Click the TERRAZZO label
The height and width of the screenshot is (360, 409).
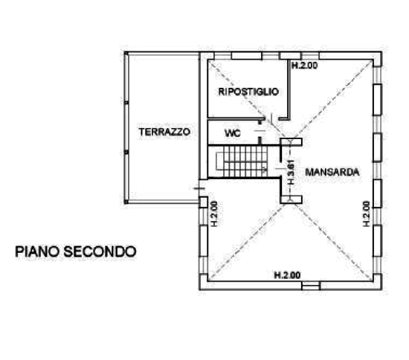(164, 132)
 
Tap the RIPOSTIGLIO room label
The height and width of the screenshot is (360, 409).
(248, 91)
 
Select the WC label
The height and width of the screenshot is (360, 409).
(233, 134)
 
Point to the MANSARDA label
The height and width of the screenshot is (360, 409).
(332, 172)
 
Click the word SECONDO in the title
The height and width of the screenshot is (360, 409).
(100, 251)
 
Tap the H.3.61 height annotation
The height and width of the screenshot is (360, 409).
(291, 172)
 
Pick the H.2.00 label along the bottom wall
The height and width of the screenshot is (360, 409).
(288, 275)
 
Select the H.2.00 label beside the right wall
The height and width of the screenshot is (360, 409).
(367, 213)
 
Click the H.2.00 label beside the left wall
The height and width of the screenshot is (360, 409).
(214, 213)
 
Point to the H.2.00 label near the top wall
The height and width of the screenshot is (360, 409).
(305, 65)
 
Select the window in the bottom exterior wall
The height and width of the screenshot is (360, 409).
(311, 286)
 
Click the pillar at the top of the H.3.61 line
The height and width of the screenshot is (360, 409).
(291, 142)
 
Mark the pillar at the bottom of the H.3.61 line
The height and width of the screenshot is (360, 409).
(291, 199)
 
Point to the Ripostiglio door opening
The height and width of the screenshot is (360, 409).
(272, 119)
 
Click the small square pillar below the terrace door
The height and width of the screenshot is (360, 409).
(203, 202)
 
